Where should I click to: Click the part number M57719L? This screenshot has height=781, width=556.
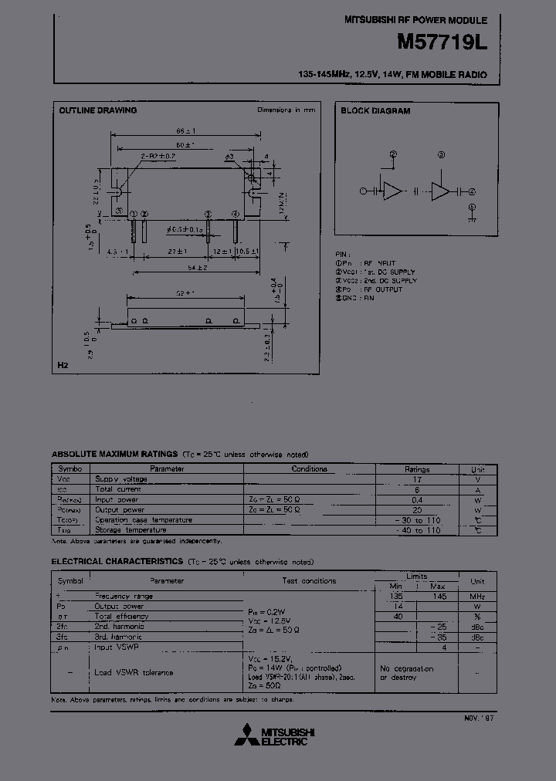442,43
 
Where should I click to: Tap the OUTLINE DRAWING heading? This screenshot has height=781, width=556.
98,110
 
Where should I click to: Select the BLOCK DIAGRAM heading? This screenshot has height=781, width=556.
375,110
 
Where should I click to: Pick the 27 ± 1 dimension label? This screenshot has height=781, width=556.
178,252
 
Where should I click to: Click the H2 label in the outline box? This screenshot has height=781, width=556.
63,363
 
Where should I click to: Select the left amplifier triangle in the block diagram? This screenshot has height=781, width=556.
393,191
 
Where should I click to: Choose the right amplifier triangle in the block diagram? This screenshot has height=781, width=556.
441,191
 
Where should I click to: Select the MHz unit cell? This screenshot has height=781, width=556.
477,596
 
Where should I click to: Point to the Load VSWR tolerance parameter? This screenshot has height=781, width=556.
134,672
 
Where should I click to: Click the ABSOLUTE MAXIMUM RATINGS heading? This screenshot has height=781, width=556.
114,454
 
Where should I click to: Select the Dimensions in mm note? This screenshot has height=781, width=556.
286,110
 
